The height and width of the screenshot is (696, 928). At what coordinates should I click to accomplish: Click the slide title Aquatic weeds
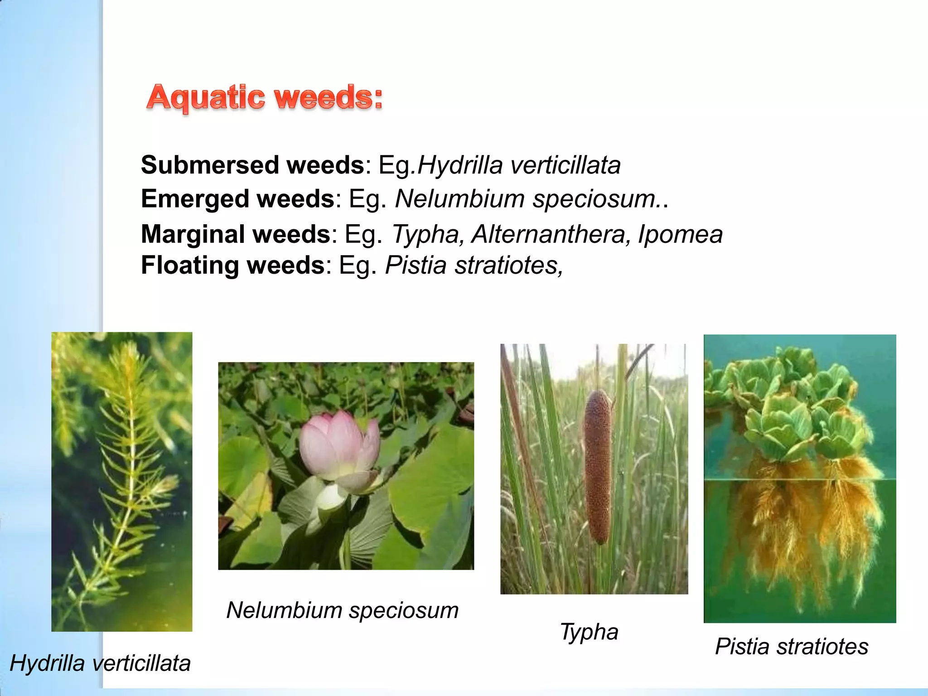point(265,97)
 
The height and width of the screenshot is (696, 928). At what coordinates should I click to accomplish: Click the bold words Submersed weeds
point(252,165)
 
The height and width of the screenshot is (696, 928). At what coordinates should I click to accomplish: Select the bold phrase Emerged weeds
point(237,199)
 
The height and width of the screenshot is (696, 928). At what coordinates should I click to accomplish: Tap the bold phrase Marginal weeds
point(236,234)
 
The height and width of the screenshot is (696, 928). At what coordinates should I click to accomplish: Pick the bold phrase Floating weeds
point(233,265)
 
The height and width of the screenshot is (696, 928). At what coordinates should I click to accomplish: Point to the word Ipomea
point(680,234)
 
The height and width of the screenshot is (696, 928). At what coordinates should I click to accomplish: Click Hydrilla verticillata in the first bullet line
point(519,165)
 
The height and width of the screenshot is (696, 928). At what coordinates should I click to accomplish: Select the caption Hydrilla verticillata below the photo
point(100,663)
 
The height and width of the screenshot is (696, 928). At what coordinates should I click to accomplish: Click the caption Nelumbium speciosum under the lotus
point(342,610)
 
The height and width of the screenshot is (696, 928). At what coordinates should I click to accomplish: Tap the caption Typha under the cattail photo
point(589,632)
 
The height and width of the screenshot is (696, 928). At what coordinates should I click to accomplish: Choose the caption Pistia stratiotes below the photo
point(792,646)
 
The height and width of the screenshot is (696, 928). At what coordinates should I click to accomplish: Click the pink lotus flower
point(340,449)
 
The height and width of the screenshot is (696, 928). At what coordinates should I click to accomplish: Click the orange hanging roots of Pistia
point(797,521)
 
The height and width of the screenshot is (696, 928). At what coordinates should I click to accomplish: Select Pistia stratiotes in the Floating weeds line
point(474,265)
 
